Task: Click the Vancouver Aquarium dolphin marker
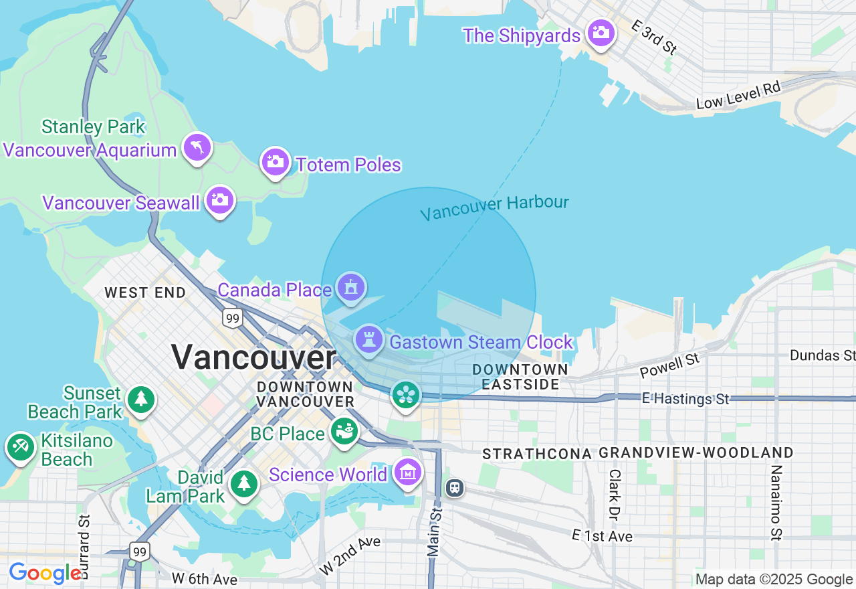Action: tap(197, 147)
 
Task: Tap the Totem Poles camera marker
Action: tap(275, 161)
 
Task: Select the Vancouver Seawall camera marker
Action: tap(220, 199)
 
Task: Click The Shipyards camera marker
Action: tap(601, 32)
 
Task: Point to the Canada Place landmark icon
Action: tap(350, 287)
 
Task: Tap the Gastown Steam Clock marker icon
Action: tap(368, 339)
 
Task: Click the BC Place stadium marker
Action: tap(344, 431)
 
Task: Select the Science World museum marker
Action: tap(408, 473)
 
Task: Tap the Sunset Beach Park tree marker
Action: tap(140, 399)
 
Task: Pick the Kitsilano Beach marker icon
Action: tap(21, 446)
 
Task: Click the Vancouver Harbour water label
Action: tap(494, 207)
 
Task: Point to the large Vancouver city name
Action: tap(253, 357)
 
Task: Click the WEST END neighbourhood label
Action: tap(145, 292)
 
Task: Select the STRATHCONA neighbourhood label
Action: tap(536, 454)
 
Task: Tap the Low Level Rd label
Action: tap(738, 95)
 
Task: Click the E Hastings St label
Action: tap(685, 399)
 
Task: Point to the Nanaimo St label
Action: tap(775, 502)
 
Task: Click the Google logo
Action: tap(44, 573)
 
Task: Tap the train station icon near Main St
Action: tap(455, 487)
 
